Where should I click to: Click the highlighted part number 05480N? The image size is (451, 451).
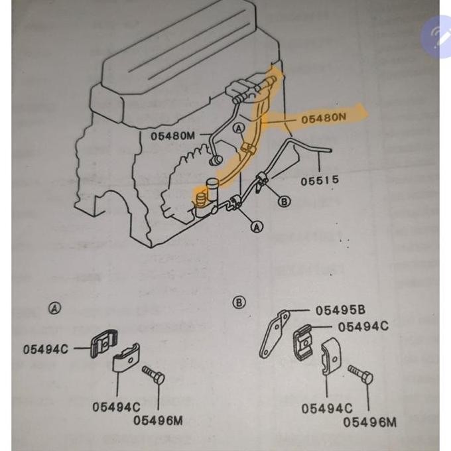click(x=324, y=118)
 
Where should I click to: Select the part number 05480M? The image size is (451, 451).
click(x=173, y=136)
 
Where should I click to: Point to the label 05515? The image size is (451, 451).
click(x=320, y=181)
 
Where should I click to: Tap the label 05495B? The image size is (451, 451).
click(x=340, y=310)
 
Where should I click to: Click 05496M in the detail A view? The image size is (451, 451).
click(x=158, y=420)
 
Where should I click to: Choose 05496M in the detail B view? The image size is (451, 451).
click(x=369, y=422)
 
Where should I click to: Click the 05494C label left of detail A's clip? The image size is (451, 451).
click(x=46, y=349)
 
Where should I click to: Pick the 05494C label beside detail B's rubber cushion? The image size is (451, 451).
click(x=363, y=326)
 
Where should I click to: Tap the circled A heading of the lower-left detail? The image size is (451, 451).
click(x=54, y=308)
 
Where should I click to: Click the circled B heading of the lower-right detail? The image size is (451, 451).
click(x=239, y=302)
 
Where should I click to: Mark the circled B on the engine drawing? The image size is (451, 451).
click(x=284, y=202)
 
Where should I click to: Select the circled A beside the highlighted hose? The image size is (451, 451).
click(x=239, y=128)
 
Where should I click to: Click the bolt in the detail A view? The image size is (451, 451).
click(x=153, y=374)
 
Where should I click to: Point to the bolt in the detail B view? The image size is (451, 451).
click(x=360, y=374)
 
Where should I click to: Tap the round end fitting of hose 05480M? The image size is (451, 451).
click(x=216, y=161)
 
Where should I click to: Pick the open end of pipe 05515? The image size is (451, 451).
click(x=331, y=150)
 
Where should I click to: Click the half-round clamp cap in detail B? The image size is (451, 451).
click(x=331, y=357)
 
